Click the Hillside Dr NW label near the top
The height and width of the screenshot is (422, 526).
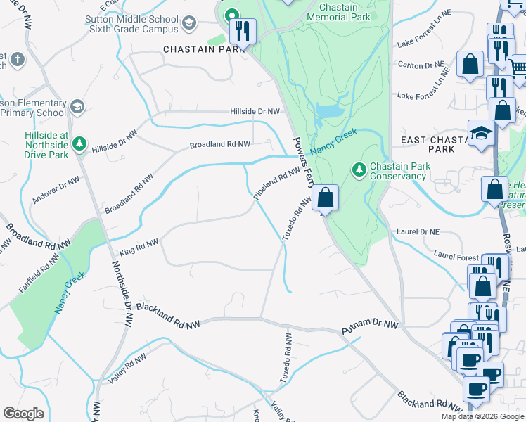pos(255,111)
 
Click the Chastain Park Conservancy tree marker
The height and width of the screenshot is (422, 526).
pos(359,169)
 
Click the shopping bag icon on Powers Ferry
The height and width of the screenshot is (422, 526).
pos(325,198)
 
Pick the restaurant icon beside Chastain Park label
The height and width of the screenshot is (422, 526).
pos(242,31)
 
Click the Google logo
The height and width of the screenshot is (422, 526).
pos(23,414)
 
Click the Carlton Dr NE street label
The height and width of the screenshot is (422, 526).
pos(422,65)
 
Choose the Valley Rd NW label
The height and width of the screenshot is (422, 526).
pos(127,369)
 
